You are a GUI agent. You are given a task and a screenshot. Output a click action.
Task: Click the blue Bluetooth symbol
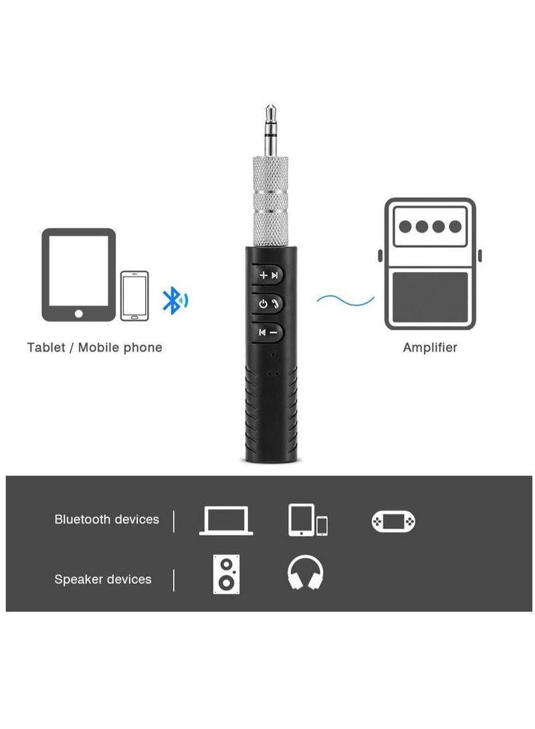coord(175,301)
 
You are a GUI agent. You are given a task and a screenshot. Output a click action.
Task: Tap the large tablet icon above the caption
coord(79,275)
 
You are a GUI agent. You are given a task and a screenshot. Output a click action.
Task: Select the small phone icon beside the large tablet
coord(134,295)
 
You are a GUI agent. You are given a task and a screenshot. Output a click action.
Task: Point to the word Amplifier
coord(430,347)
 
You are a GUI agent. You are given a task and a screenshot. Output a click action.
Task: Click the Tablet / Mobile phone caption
coord(94,347)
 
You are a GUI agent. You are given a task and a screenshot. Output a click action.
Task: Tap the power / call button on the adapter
coord(268,304)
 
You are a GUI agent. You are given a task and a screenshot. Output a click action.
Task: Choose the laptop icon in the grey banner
coord(226,521)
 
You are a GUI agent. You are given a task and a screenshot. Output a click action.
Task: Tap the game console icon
coord(393,521)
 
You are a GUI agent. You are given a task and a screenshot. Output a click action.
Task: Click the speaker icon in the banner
coord(226,574)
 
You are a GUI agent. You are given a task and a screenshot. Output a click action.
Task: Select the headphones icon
coord(305,573)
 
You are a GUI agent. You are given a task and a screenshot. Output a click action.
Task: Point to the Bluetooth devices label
coord(107,519)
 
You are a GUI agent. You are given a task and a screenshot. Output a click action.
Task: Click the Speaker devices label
coord(103,579)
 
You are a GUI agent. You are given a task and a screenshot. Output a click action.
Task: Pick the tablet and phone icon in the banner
coord(308,520)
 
